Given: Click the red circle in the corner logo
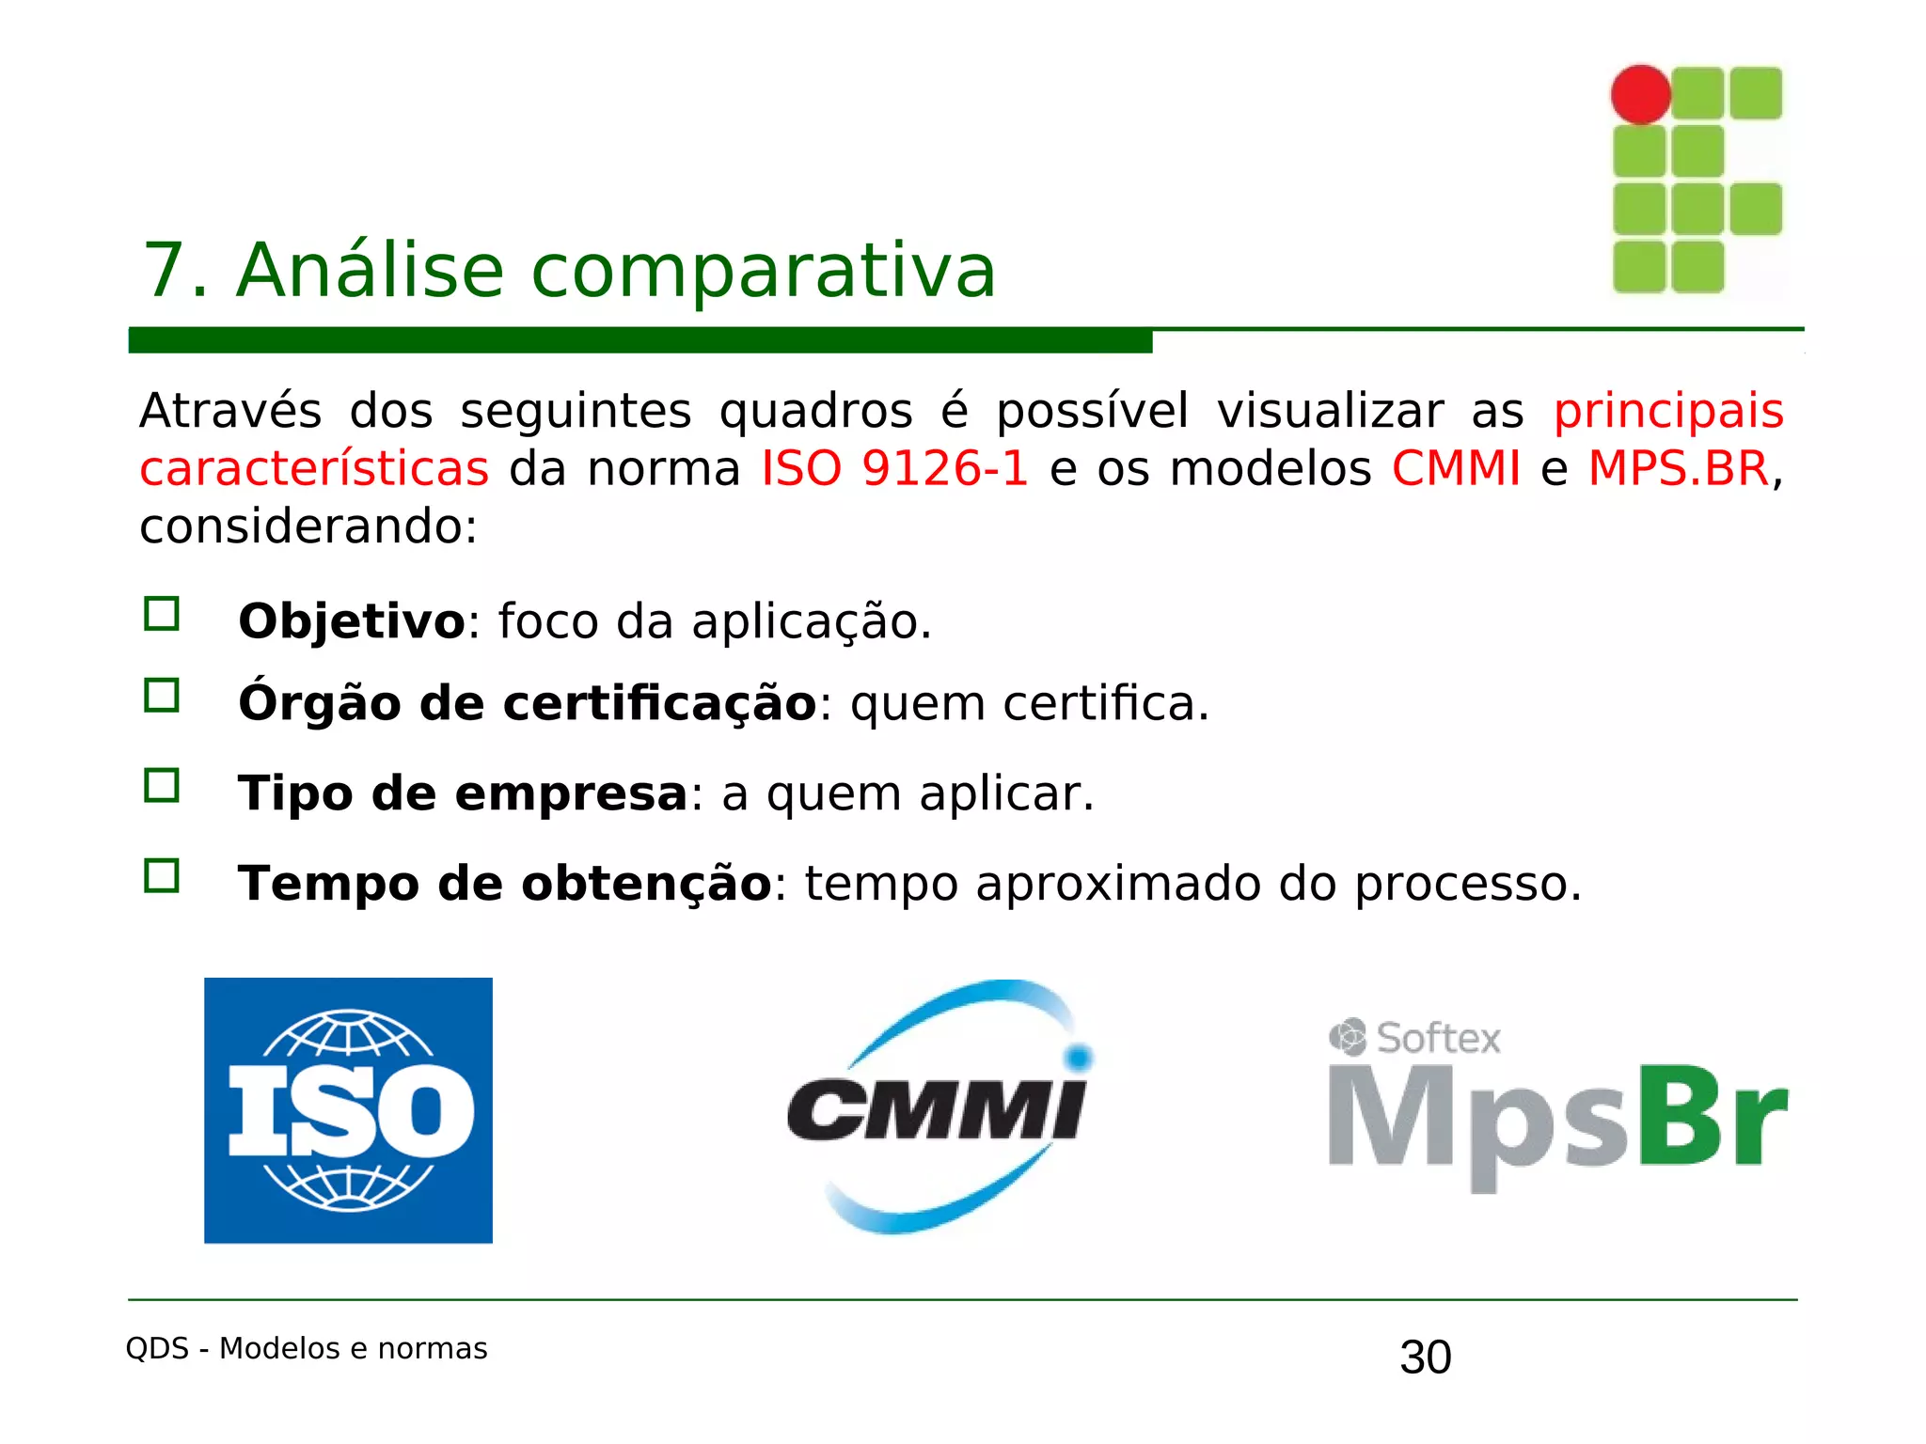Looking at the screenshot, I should click(x=1640, y=94).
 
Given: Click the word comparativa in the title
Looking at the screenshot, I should click(x=763, y=271).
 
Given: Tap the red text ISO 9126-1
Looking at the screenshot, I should click(x=894, y=468).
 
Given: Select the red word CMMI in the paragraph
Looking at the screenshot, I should click(x=1456, y=468).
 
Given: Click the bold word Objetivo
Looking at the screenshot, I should click(x=352, y=621).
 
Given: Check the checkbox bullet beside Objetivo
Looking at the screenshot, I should click(x=162, y=614).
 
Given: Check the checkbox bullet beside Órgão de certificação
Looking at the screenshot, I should click(x=162, y=696).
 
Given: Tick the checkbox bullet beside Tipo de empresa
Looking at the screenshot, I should click(x=162, y=785).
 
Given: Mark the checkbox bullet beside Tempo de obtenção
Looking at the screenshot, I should click(x=162, y=875).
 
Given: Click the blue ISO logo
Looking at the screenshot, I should click(x=348, y=1110).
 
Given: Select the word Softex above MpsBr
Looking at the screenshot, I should click(x=1437, y=1038).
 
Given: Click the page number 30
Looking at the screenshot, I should click(x=1425, y=1358).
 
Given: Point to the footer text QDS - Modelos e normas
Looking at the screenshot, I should click(x=307, y=1348).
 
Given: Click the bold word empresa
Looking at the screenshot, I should click(x=572, y=793).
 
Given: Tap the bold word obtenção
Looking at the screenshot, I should click(x=646, y=884).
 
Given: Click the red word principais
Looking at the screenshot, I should click(x=1667, y=411).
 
